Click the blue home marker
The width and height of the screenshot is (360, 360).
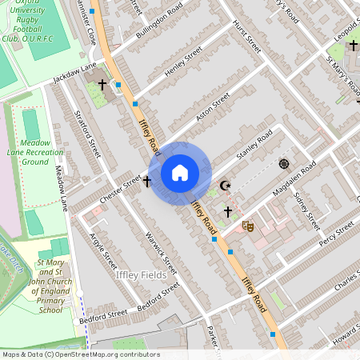180,172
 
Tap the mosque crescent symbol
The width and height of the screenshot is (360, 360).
225,186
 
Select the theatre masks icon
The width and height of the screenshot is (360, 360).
248,226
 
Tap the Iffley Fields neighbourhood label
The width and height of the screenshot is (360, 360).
141,274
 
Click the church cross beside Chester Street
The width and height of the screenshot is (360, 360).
146,182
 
